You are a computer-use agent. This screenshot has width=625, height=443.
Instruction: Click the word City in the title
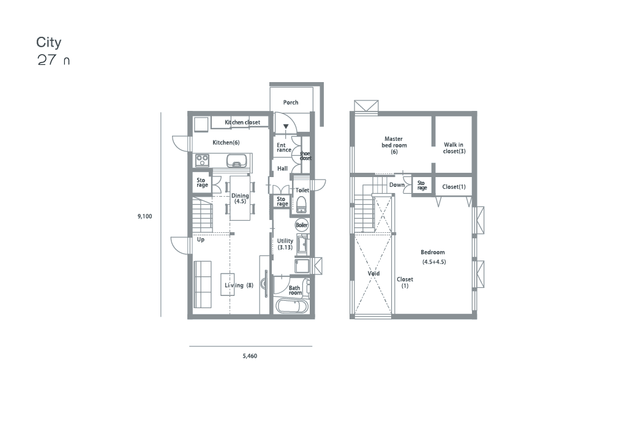point(48,42)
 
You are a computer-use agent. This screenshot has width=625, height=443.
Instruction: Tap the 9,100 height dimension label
point(144,216)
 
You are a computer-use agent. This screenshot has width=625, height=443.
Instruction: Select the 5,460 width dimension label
point(250,356)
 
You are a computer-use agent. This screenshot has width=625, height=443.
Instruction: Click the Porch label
point(291,102)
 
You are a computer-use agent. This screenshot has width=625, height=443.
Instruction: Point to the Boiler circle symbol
point(302,225)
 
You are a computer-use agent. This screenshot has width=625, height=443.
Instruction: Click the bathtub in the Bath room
point(292,306)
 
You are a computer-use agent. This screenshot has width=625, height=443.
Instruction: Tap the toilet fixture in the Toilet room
point(301,204)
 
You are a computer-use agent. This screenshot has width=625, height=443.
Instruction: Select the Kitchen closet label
point(242,123)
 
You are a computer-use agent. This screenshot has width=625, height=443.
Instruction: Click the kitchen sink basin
point(237,161)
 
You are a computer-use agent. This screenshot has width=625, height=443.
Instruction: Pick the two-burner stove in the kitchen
point(202,161)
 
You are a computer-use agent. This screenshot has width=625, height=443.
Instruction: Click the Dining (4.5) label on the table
point(240,199)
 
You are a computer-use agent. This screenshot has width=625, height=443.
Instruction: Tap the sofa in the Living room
point(202,284)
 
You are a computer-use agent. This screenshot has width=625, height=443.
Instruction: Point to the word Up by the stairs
point(201,240)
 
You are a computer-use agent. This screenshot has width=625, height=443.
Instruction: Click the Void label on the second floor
point(373,273)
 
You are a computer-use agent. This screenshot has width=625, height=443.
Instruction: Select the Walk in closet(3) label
point(454,148)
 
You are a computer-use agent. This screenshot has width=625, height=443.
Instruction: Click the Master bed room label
point(394,145)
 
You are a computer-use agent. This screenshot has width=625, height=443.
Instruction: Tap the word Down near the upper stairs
point(397,185)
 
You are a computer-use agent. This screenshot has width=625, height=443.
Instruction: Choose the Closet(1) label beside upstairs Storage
point(454,187)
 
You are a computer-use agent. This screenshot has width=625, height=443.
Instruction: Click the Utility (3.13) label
point(285,244)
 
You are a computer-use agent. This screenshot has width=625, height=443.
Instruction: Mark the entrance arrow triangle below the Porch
point(286,126)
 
